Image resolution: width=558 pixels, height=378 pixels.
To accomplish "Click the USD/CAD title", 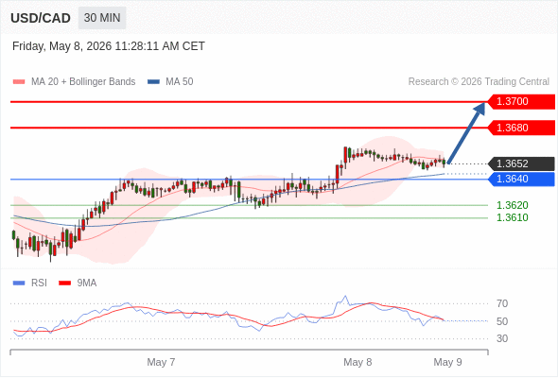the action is [41, 18].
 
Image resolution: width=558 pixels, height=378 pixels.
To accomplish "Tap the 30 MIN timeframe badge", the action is [102, 18].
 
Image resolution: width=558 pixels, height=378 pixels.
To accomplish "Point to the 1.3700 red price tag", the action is [521, 102].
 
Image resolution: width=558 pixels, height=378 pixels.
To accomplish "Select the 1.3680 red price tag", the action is [521, 128].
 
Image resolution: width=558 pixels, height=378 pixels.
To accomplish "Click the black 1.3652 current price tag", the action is [521, 163].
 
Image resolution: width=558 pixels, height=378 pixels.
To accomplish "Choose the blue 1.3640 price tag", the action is [521, 179].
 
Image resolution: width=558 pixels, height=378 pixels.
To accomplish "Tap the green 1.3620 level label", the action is [512, 205].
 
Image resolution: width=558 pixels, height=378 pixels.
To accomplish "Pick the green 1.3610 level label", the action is [512, 217].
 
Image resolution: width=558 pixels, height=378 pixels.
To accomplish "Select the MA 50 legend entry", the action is [170, 82].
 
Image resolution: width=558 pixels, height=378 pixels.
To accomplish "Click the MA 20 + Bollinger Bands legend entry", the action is [74, 82].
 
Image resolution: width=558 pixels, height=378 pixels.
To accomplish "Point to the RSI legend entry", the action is [30, 283].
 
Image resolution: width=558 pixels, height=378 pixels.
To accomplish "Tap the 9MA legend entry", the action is [78, 283].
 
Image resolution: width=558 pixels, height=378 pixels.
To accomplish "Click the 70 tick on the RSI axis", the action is [502, 303].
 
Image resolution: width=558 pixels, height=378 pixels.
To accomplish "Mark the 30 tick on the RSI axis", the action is [502, 338].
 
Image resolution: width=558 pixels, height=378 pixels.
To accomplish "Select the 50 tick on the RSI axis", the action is [502, 321].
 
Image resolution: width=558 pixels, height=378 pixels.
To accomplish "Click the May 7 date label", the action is [161, 362].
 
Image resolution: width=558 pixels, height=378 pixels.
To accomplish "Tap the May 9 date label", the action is [447, 362].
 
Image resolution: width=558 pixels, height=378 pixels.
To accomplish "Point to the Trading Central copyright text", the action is [479, 82].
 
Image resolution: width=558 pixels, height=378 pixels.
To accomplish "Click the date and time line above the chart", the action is [109, 46].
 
